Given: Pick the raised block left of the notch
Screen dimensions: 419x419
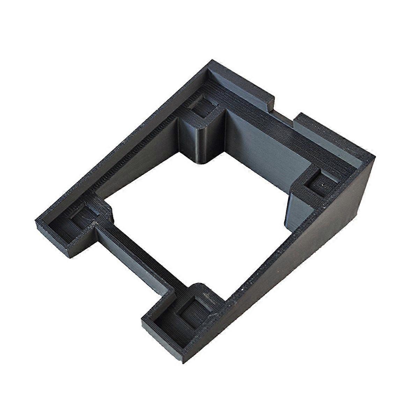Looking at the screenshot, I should point(244,84).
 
